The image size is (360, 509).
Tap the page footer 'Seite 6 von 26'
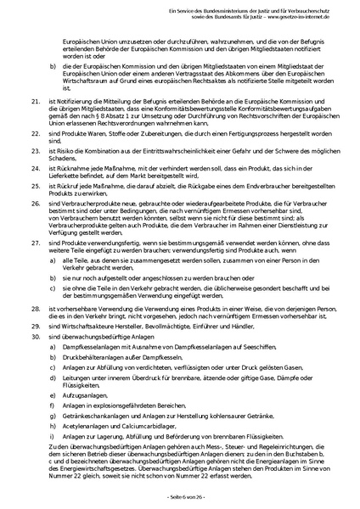click(180, 494)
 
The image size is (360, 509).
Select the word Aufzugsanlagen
click(85, 394)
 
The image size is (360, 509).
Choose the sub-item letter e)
click(53, 394)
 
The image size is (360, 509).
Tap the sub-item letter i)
click(53, 441)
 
